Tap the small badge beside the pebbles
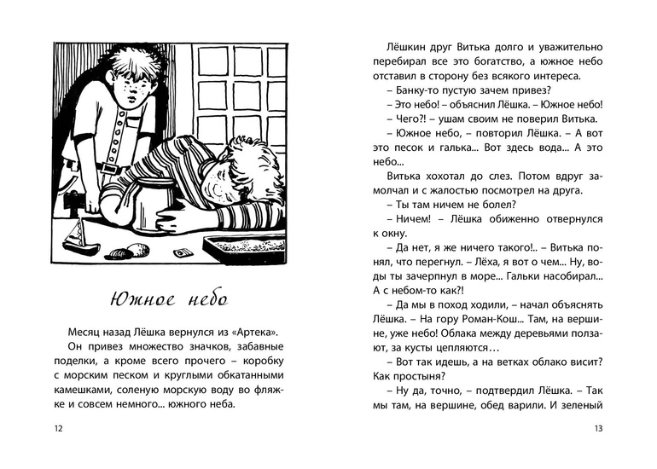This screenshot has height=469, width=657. [180, 253]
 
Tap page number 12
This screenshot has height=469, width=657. [58, 428]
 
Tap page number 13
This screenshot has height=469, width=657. [598, 428]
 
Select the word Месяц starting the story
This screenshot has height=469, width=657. [82, 330]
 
